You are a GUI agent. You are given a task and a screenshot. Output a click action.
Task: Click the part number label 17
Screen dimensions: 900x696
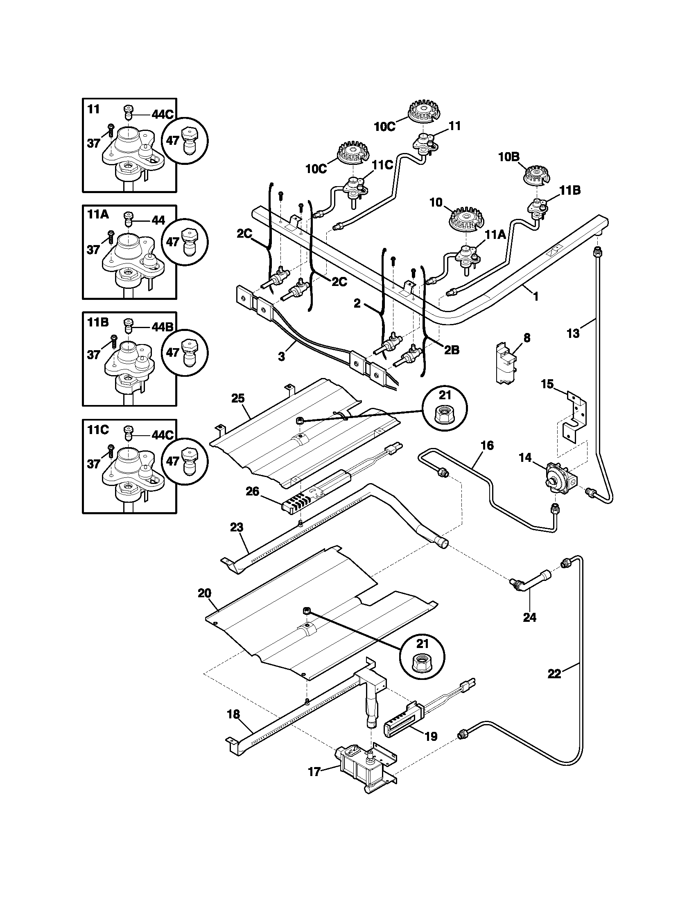click(x=314, y=772)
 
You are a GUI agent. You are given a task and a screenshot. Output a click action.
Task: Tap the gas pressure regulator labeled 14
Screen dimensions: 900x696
click(x=560, y=475)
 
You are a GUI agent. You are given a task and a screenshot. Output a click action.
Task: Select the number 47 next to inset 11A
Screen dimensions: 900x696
click(x=172, y=242)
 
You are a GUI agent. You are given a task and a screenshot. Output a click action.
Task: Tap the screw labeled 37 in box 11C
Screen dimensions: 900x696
click(x=111, y=452)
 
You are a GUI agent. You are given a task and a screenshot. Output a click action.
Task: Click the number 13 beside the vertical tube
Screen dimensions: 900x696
click(x=573, y=333)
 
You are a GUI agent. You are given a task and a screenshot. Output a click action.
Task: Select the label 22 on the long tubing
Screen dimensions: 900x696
click(x=555, y=674)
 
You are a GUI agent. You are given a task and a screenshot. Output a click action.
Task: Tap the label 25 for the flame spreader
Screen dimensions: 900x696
click(x=238, y=398)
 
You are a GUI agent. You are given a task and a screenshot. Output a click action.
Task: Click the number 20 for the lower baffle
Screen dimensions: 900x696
click(x=205, y=594)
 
